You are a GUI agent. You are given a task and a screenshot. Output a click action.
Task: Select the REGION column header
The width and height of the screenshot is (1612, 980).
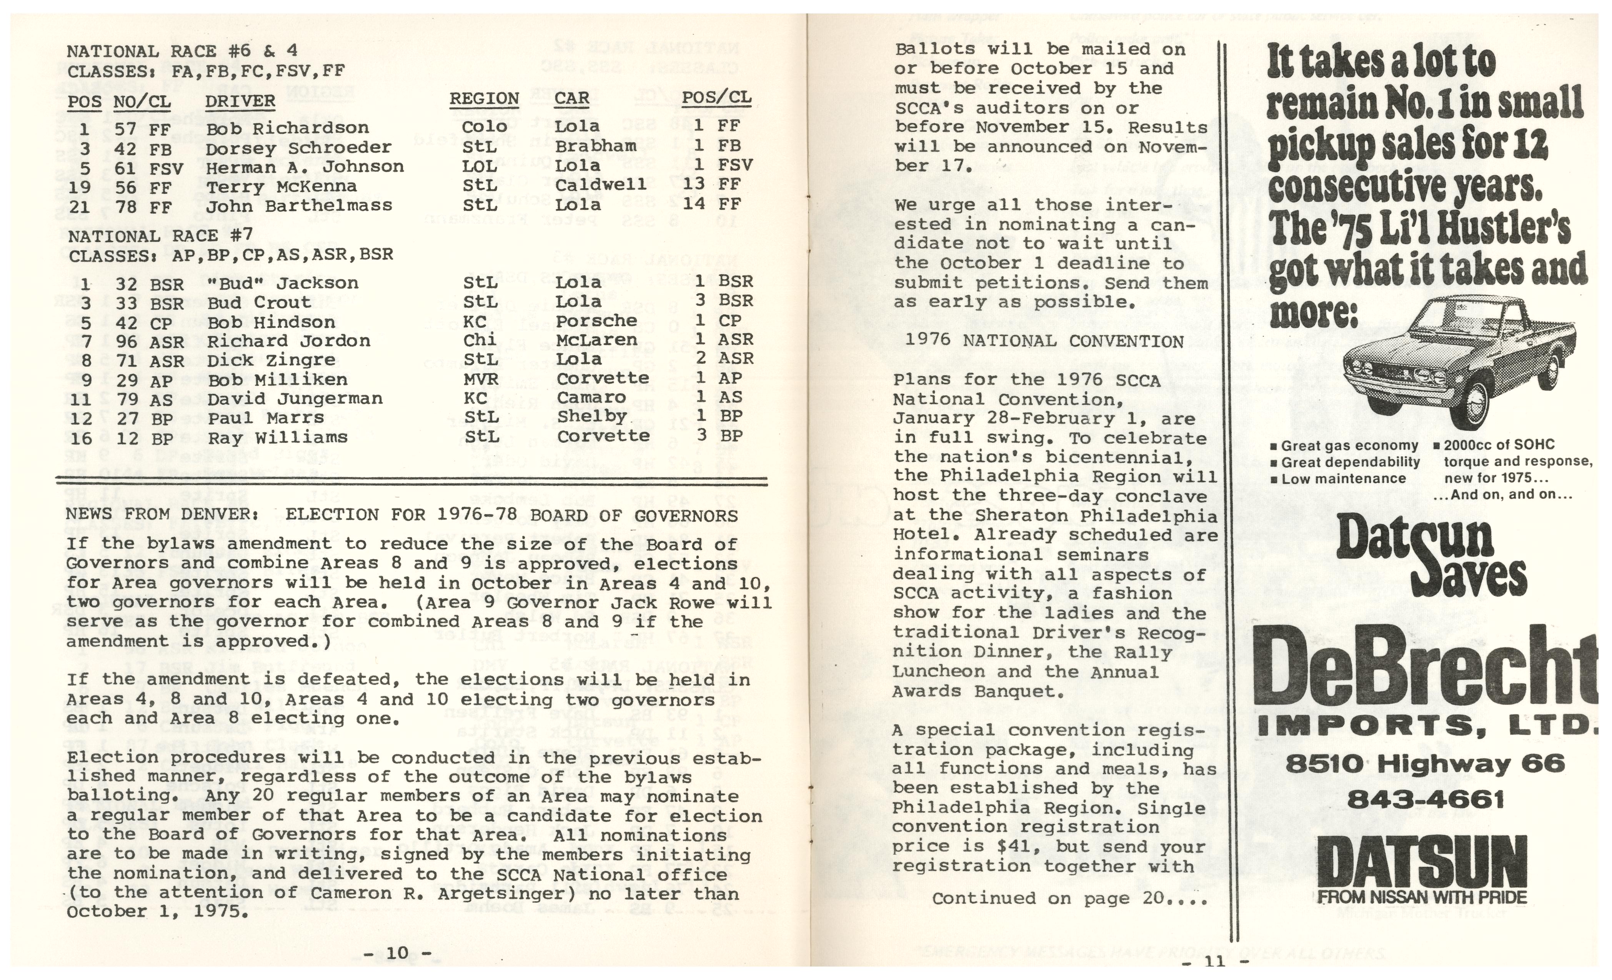tap(484, 99)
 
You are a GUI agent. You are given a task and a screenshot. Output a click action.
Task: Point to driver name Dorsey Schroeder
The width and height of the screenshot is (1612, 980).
tap(298, 148)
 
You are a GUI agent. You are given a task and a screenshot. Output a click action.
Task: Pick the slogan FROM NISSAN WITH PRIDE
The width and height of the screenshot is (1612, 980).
tap(1422, 897)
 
